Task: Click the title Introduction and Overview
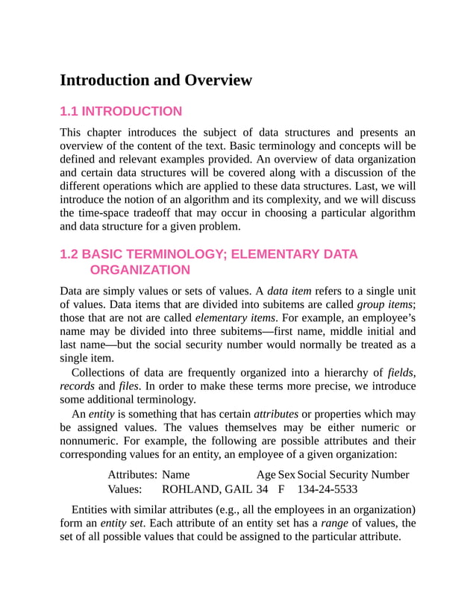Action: [x=156, y=81]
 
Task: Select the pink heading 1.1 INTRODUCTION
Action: [x=120, y=112]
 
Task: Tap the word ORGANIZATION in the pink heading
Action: [x=140, y=269]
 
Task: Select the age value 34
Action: [x=262, y=490]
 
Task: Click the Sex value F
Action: [x=282, y=490]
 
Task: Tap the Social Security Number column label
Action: [x=353, y=474]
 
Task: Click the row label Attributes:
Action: [x=132, y=474]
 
